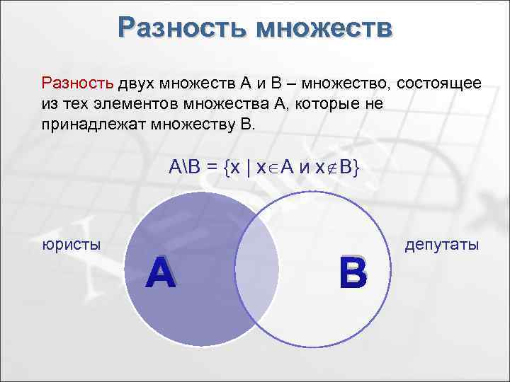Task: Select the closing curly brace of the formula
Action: pyautogui.click(x=358, y=168)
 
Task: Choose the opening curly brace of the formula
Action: pyautogui.click(x=227, y=168)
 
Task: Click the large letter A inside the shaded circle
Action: pyautogui.click(x=161, y=273)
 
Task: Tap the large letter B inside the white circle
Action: pyautogui.click(x=353, y=274)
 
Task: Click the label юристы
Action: pyautogui.click(x=71, y=245)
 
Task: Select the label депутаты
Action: pyautogui.click(x=442, y=245)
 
